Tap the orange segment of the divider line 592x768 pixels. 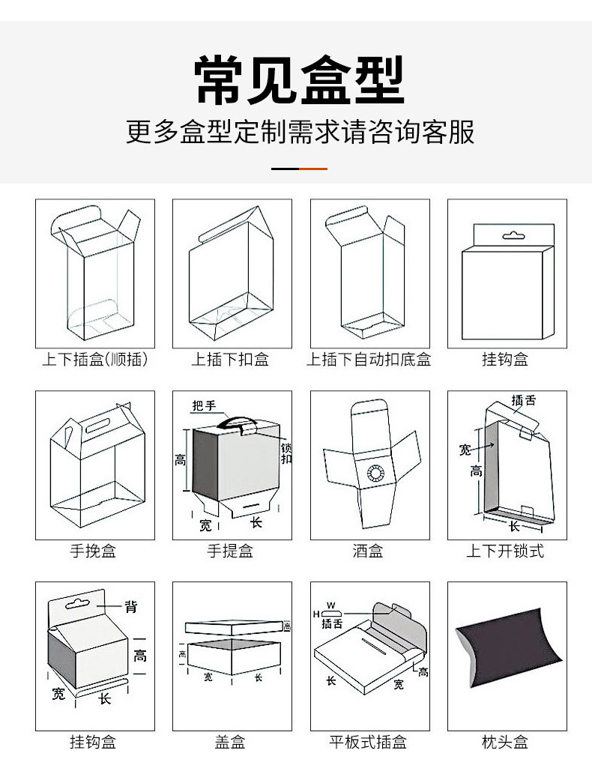point(313,169)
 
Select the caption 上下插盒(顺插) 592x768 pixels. point(94,360)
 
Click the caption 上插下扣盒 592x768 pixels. point(230,360)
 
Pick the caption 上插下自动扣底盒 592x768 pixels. point(369,360)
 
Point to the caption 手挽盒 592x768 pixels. point(94,551)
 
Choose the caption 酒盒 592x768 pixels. point(368,551)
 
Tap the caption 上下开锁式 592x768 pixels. point(505,551)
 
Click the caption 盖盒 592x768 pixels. point(230,743)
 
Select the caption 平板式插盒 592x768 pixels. point(368,743)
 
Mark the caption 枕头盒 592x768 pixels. point(505,743)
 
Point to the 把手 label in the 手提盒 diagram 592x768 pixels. point(204,406)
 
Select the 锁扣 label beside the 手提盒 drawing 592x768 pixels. point(286,453)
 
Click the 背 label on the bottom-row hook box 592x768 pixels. point(131,606)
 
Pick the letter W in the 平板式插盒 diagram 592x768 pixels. point(331,604)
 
